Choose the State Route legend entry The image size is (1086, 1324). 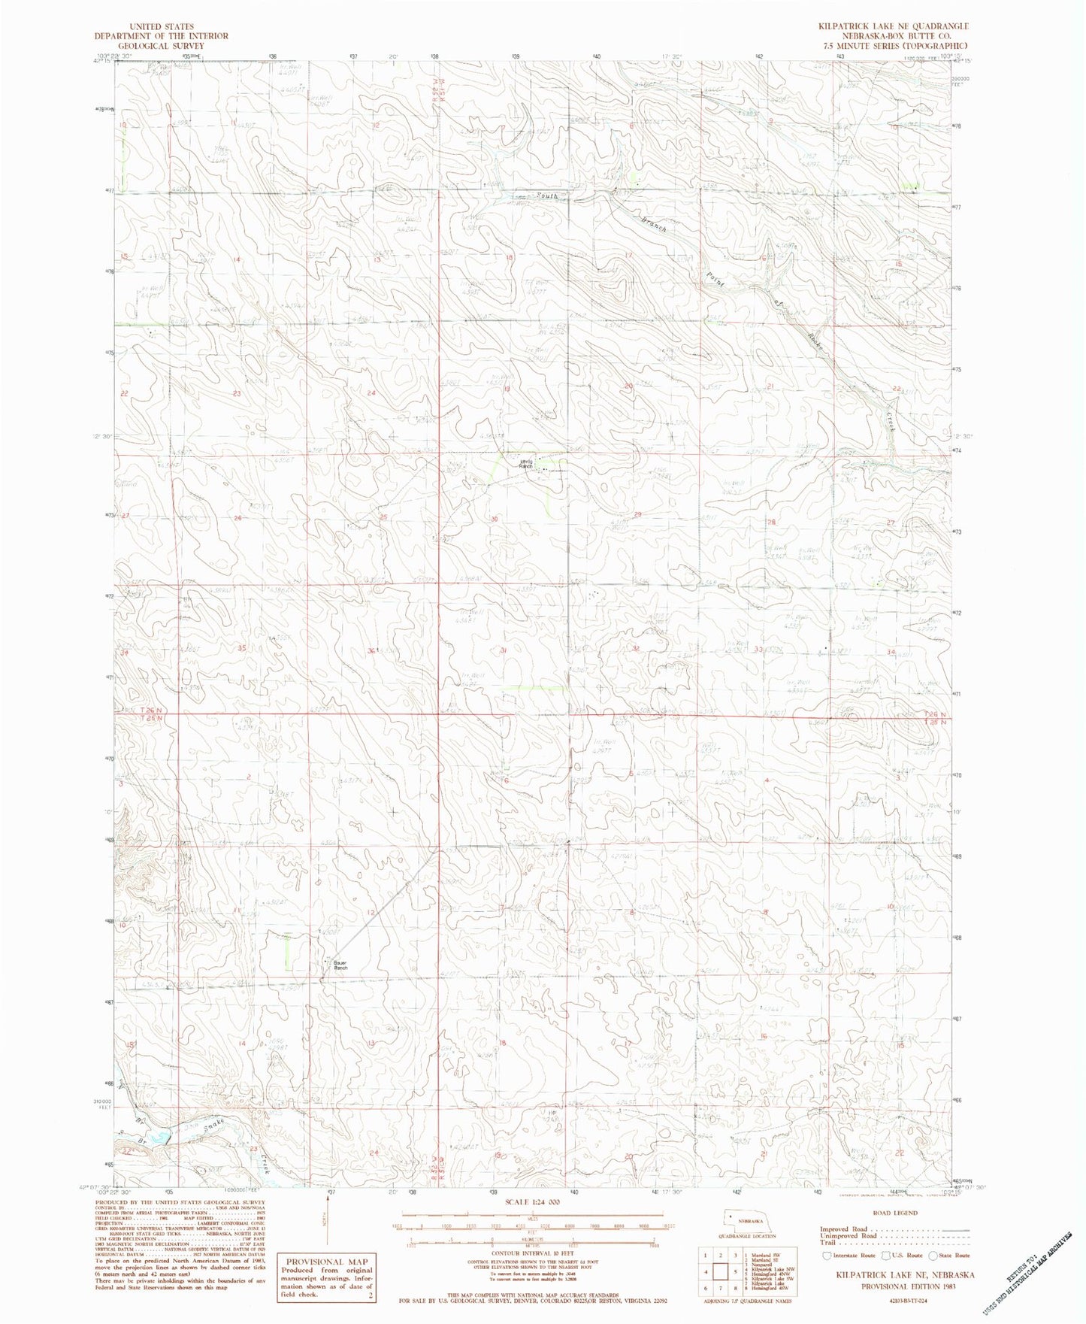tap(950, 1255)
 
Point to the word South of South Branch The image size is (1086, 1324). tap(548, 198)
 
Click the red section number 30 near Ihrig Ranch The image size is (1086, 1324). tap(494, 519)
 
